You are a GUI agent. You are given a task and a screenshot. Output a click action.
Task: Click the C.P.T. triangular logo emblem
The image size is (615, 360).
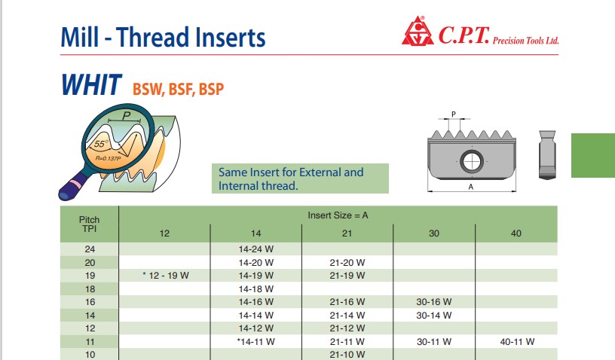pos(418,32)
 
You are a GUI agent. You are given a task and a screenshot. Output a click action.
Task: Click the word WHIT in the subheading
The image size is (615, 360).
pos(91,84)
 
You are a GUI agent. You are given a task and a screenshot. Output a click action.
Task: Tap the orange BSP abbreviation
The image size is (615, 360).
pos(211,90)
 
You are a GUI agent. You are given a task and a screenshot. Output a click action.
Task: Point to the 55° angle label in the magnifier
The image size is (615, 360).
pos(100,144)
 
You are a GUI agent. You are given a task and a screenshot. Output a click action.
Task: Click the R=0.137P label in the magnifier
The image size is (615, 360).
pos(108,158)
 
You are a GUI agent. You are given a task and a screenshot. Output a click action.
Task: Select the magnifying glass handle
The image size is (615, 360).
pos(74,186)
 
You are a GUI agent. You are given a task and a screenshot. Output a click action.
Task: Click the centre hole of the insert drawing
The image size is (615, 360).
pos(472,161)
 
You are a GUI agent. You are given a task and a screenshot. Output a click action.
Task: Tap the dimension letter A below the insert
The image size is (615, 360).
pos(471,188)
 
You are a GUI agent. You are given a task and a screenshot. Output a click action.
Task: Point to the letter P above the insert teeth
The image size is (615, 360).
pos(454,114)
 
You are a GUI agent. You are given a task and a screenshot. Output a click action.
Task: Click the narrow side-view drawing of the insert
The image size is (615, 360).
pos(547,155)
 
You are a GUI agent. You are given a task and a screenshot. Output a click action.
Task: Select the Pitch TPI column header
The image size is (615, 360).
pos(90,224)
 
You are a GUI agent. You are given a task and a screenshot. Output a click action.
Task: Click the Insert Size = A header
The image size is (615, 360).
pos(338,215)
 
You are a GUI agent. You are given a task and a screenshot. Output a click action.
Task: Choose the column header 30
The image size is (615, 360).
pos(434,233)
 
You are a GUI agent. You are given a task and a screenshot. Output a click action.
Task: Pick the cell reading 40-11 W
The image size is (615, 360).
pos(517,342)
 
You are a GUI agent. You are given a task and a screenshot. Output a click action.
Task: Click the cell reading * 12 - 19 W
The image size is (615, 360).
pos(166,276)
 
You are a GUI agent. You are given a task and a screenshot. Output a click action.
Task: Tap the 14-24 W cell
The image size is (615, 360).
pos(255,249)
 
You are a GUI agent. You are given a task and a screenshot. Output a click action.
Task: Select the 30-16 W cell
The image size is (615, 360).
pos(434,302)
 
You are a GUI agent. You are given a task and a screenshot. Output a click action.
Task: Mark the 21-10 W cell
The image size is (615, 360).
pos(347,355)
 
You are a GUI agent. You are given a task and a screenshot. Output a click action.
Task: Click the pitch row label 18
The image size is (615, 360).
pos(90,289)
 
